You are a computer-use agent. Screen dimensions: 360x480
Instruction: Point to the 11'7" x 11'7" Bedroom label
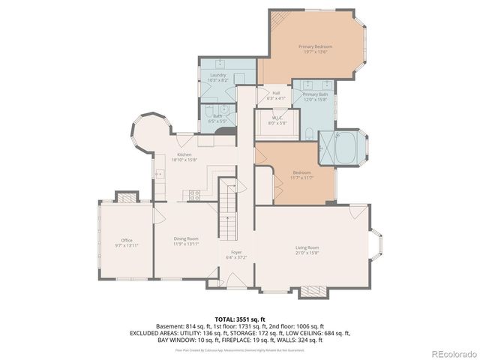[x=302, y=175]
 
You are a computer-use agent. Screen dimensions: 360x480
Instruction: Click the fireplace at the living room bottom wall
[x=313, y=290]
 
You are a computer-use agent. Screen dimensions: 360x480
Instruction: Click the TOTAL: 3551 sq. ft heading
[x=240, y=319]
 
